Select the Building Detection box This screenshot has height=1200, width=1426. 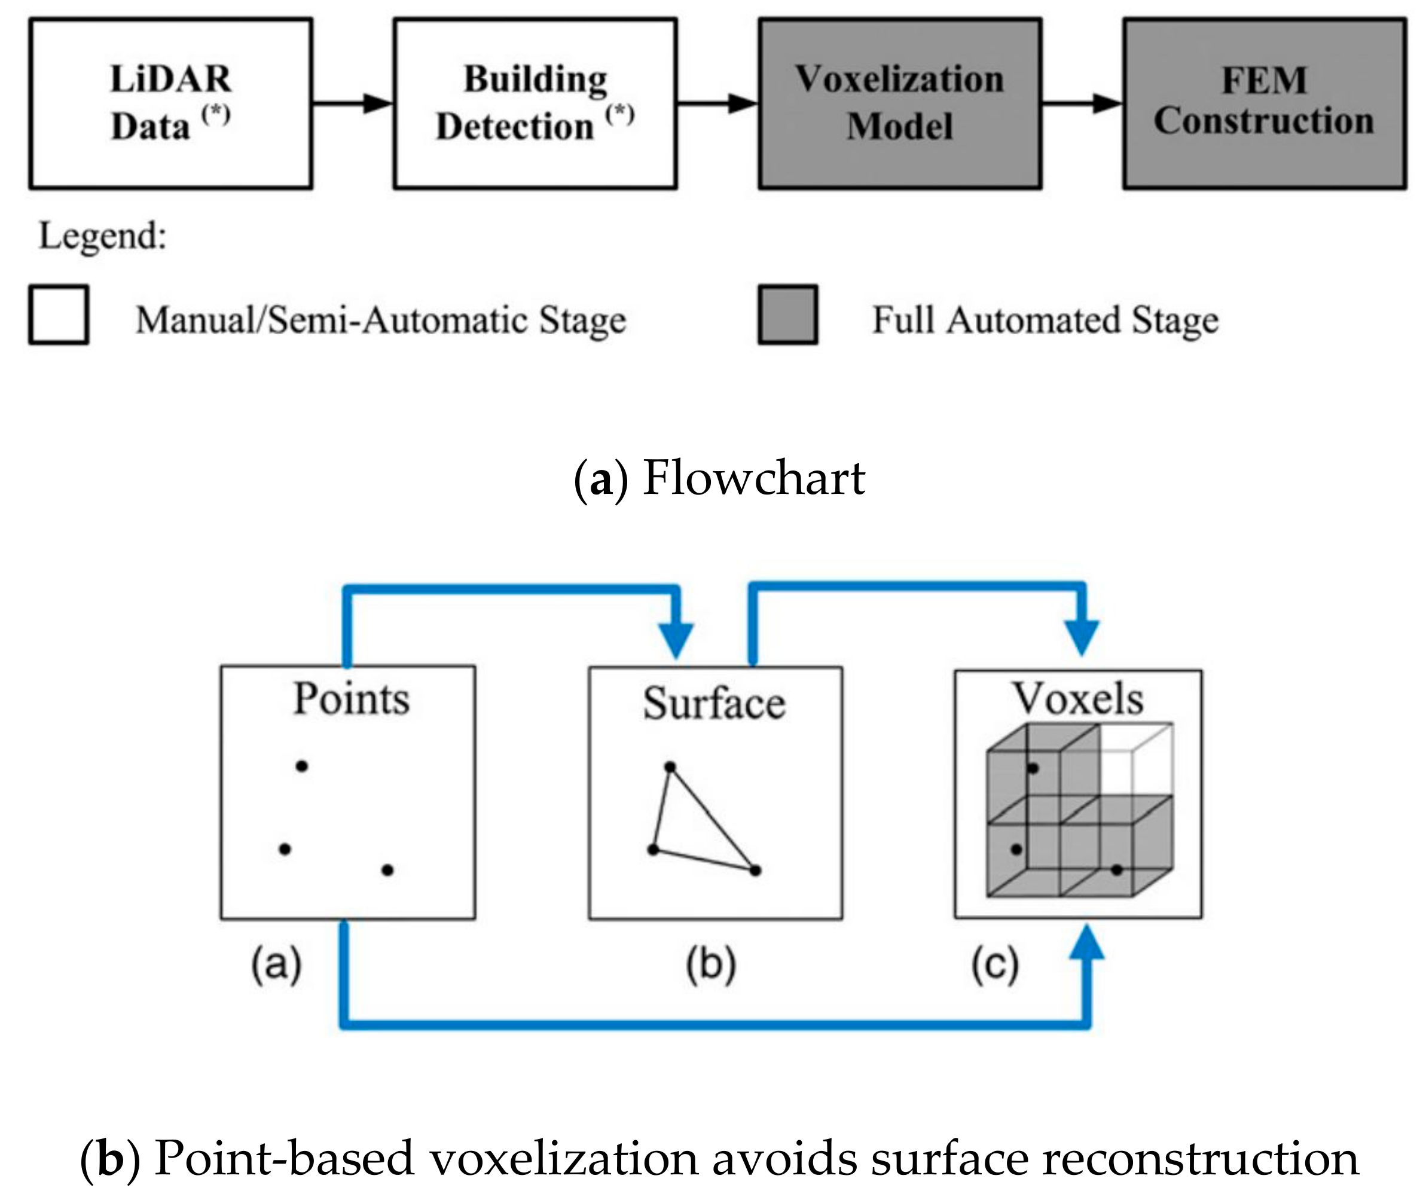(x=535, y=103)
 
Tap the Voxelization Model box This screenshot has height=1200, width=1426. (x=899, y=103)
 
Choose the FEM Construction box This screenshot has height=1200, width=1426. (x=1264, y=103)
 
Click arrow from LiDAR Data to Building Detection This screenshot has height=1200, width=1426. (x=352, y=103)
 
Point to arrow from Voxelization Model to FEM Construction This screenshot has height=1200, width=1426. (x=1082, y=103)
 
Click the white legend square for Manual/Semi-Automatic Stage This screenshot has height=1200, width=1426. (x=59, y=315)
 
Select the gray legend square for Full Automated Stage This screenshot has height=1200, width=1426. (x=788, y=315)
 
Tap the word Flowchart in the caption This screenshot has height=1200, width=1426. (x=753, y=478)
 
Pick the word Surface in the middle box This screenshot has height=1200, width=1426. (x=714, y=703)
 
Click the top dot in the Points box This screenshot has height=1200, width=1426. (x=302, y=767)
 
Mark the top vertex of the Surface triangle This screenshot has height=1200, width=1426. (x=670, y=767)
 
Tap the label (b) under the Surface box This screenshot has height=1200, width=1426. (x=711, y=964)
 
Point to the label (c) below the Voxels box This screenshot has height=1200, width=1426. (x=995, y=964)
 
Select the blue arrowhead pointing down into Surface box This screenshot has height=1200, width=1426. (x=676, y=639)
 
